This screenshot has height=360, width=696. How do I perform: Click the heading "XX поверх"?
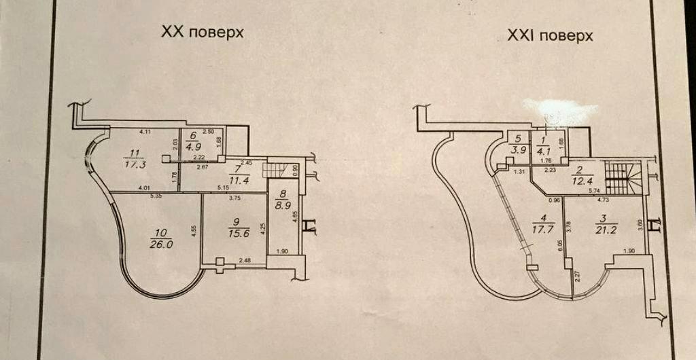202,32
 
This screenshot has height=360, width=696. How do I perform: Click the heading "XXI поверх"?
550,35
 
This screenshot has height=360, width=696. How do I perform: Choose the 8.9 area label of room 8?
279,202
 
